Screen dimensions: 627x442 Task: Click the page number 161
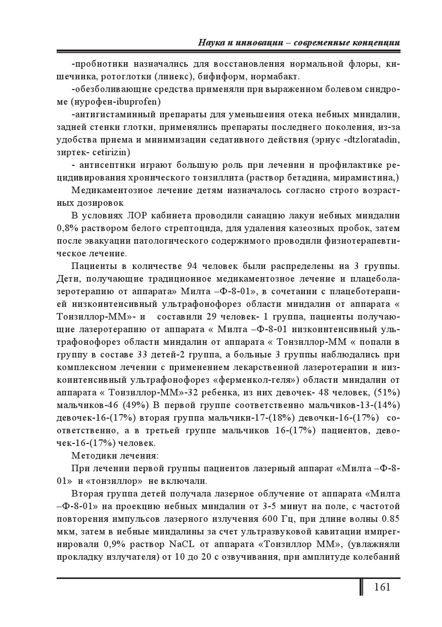[382, 587]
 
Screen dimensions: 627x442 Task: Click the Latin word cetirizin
[111, 152]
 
